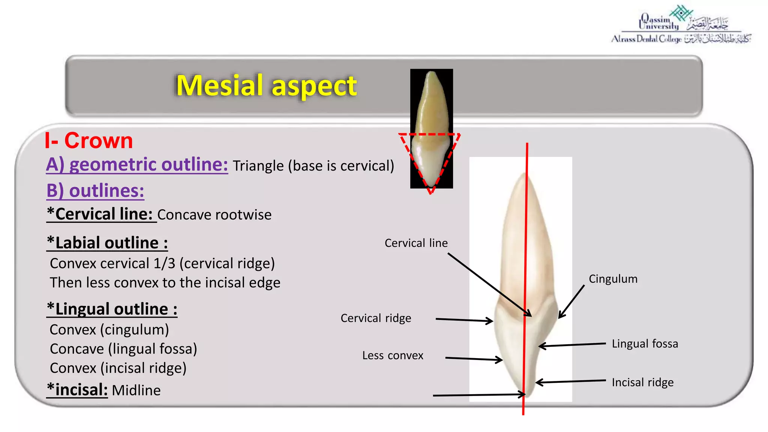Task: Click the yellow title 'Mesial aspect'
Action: tap(266, 85)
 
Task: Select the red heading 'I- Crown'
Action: tap(89, 141)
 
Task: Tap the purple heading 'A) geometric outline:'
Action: tap(137, 164)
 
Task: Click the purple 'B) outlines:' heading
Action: tap(95, 190)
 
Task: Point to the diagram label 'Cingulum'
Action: tap(613, 279)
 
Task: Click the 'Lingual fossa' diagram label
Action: tap(645, 343)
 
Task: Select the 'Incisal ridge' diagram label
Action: tap(642, 382)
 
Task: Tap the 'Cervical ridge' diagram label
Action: tap(376, 318)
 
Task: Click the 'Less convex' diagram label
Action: tap(393, 355)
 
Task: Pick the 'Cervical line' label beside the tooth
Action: tap(416, 243)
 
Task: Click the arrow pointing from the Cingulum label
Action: tap(571, 301)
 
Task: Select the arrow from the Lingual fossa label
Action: tap(572, 345)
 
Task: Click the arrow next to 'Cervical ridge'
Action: tap(464, 320)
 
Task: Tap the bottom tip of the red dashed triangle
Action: tap(431, 192)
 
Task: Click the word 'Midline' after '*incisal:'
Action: tap(136, 390)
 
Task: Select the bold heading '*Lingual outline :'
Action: tap(112, 309)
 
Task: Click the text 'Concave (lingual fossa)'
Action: tap(123, 349)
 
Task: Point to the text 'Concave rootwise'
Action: tap(214, 215)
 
